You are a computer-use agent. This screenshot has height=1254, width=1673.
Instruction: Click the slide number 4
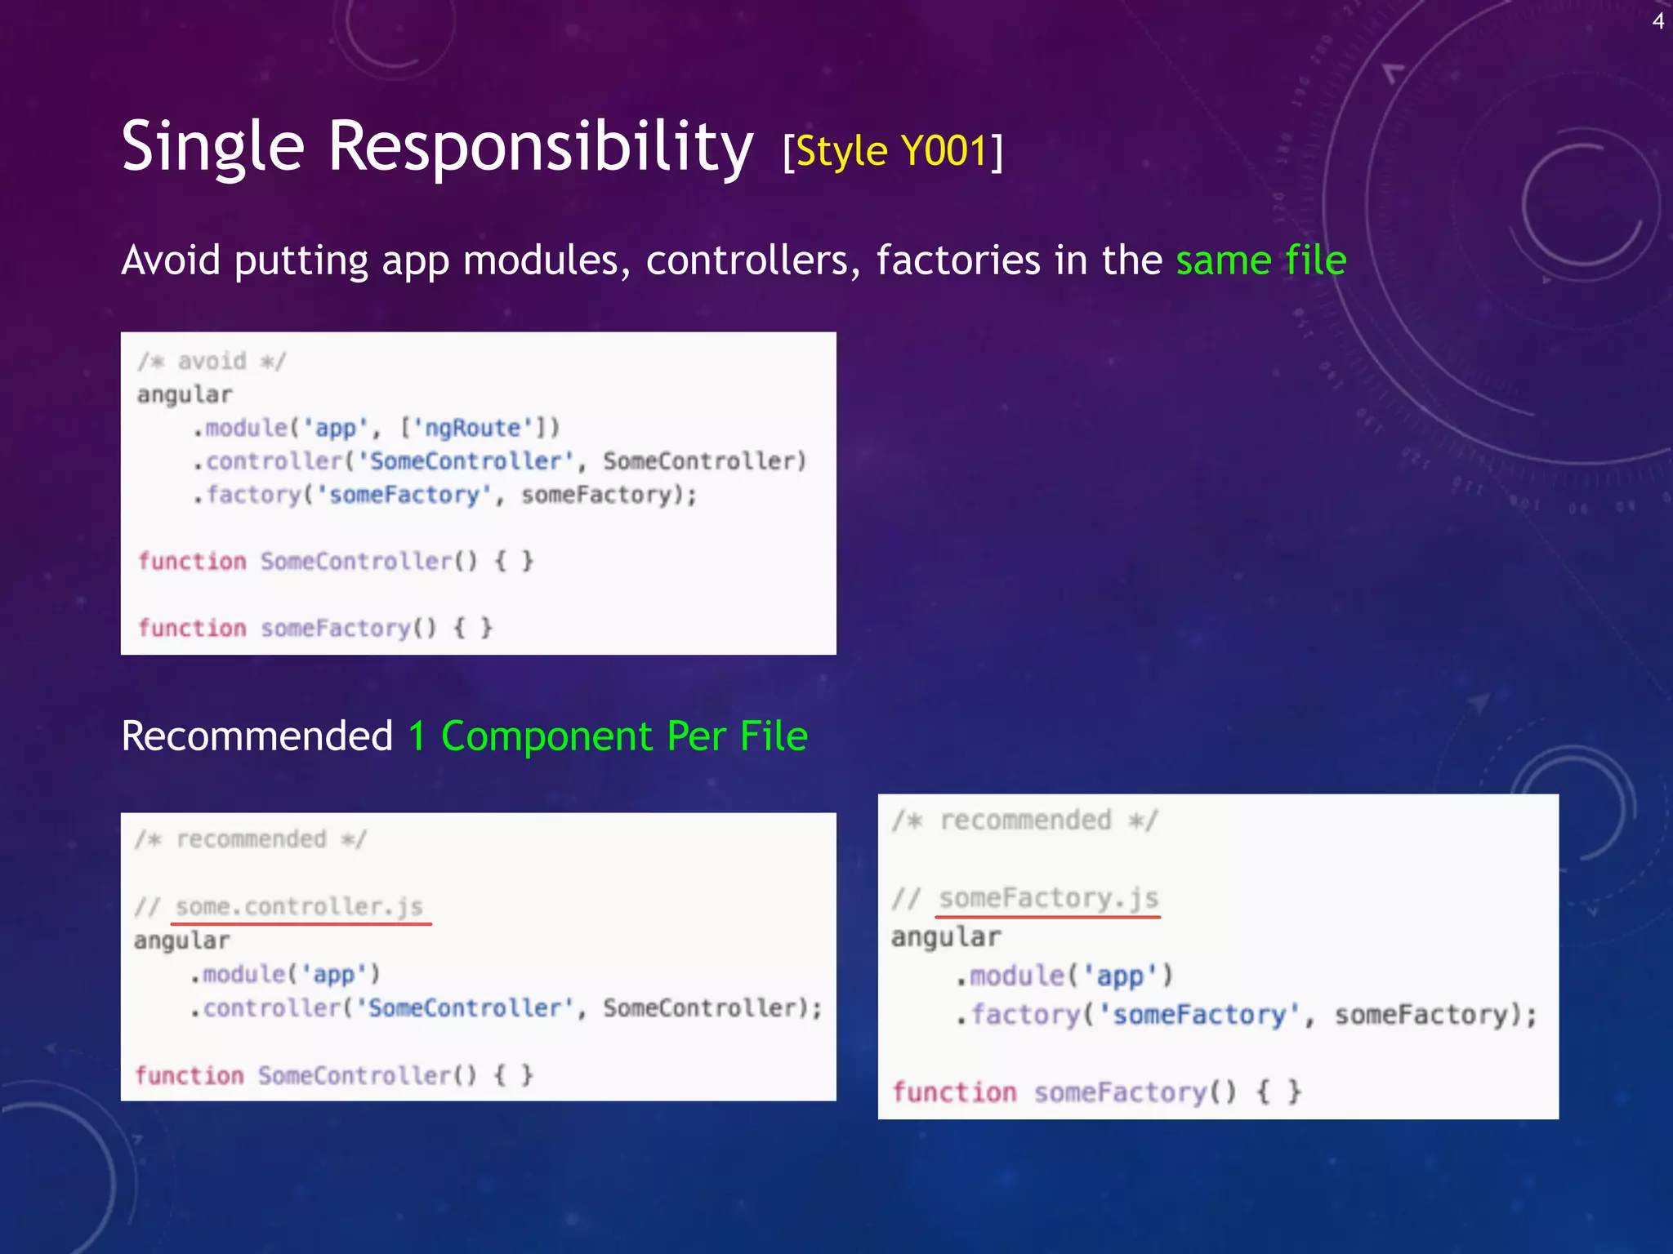point(1657,21)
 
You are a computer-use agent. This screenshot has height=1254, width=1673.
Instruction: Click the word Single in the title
point(212,147)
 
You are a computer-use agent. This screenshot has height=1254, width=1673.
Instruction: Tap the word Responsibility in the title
point(540,147)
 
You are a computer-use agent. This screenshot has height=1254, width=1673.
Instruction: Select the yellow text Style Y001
point(892,151)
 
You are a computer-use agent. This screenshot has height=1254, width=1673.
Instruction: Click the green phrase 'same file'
point(1260,260)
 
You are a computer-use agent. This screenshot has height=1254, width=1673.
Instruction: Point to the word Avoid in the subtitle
point(171,260)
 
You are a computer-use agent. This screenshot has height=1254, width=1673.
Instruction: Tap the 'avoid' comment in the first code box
point(212,361)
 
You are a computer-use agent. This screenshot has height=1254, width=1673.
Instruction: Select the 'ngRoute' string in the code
point(472,428)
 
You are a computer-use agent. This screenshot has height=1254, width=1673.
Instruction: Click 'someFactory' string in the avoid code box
point(404,495)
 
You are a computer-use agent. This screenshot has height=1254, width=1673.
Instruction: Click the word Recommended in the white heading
point(257,736)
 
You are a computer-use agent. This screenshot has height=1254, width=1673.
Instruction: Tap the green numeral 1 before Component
point(417,736)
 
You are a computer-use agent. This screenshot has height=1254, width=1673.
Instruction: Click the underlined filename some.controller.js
point(299,907)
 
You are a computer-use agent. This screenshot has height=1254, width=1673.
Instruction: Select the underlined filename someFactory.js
point(1048,899)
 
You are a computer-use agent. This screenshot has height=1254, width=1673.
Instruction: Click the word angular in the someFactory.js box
point(946,937)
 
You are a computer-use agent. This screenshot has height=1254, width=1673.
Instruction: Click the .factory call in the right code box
point(1025,1015)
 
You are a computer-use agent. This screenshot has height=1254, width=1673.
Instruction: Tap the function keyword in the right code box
point(954,1092)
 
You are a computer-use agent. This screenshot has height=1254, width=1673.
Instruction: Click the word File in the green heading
point(773,736)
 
